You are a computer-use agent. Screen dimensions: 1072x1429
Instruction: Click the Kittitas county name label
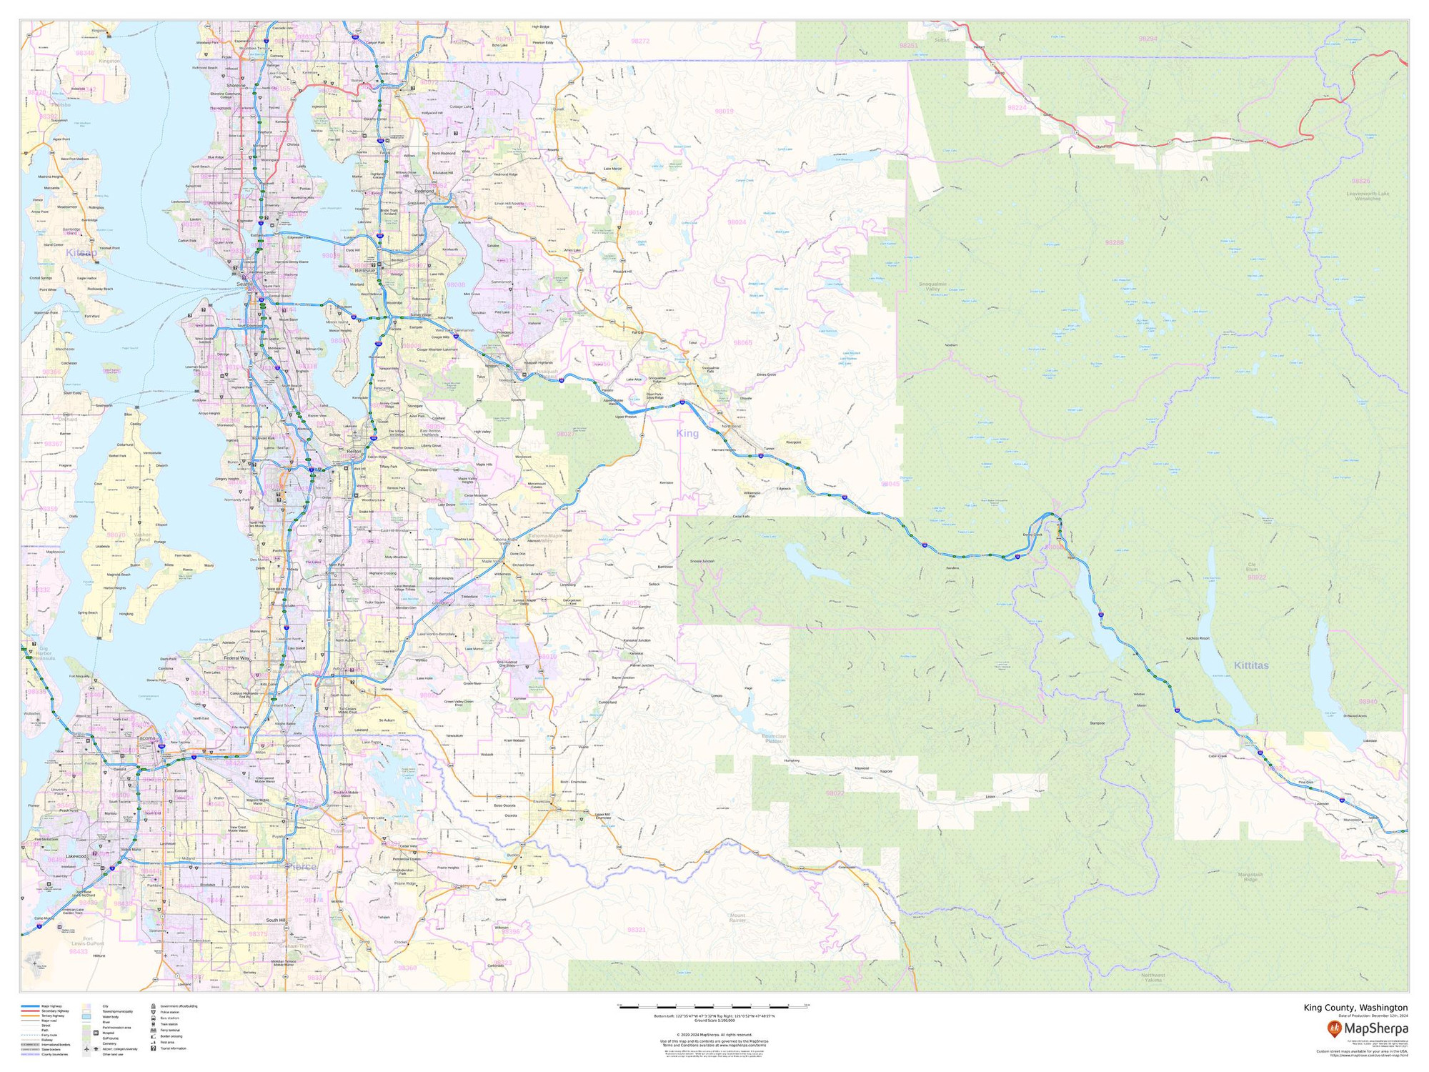pos(1251,665)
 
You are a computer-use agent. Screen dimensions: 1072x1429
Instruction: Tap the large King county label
pos(687,434)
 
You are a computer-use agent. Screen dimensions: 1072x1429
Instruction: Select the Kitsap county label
pos(81,253)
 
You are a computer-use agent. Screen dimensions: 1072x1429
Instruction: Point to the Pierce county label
pos(300,867)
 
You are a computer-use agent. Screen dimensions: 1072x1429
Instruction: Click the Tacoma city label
pos(146,738)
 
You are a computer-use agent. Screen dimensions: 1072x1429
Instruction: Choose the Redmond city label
pos(424,192)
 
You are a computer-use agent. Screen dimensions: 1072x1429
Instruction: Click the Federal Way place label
pos(236,658)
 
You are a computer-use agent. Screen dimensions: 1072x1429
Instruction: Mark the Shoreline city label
pos(236,86)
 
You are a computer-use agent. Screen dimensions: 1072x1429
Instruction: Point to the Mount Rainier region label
pos(737,918)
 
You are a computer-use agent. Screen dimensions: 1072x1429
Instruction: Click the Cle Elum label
pos(1252,567)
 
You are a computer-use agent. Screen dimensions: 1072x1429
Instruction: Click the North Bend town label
pos(732,427)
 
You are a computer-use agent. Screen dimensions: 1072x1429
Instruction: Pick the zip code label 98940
pos(1368,702)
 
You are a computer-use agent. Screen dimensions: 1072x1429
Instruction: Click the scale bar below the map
pos(714,1007)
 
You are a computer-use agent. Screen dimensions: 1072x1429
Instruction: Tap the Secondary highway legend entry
pos(56,1011)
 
